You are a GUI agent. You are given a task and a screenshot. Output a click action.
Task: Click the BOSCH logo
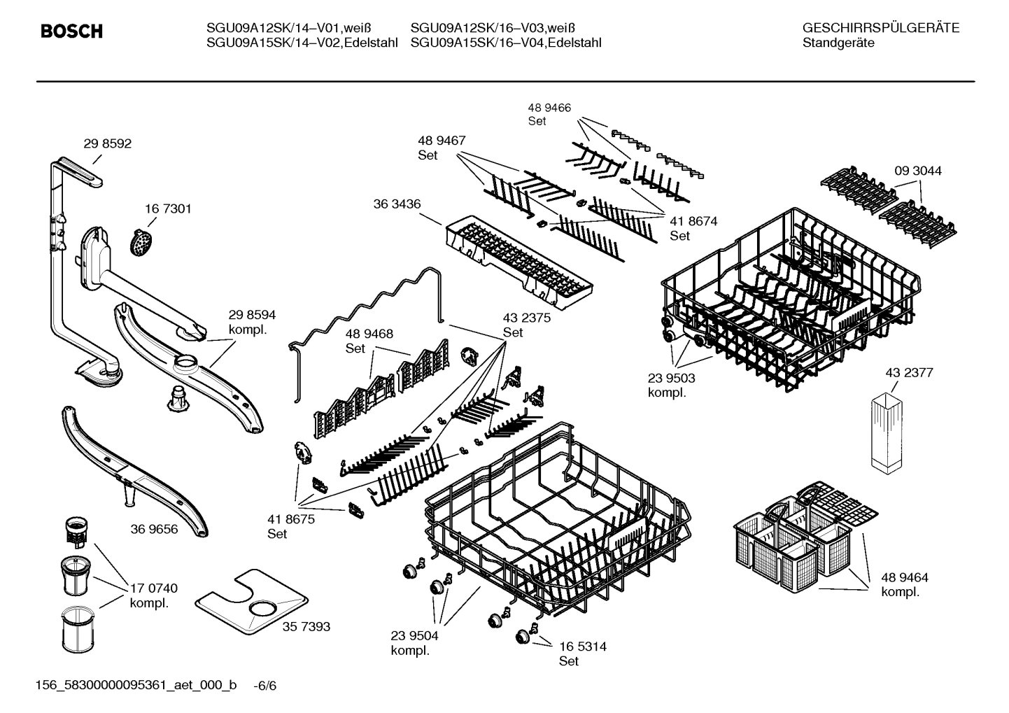pyautogui.click(x=71, y=31)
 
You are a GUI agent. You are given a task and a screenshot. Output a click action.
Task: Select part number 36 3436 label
pyautogui.click(x=397, y=204)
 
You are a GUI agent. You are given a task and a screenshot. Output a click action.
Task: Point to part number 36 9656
pyautogui.click(x=154, y=529)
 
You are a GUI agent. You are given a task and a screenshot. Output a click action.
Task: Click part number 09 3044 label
pyautogui.click(x=917, y=171)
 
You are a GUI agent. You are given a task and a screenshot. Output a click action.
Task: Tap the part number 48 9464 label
pyautogui.click(x=904, y=577)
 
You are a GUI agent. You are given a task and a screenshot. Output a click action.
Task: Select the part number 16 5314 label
pyautogui.click(x=582, y=647)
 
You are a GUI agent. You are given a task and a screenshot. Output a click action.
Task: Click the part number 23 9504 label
pyautogui.click(x=414, y=635)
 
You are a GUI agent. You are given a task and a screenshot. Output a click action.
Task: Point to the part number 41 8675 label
pyautogui.click(x=290, y=519)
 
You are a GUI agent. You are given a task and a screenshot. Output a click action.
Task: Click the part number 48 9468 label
pyautogui.click(x=369, y=334)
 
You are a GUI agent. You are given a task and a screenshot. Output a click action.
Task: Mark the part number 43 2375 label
pyautogui.click(x=526, y=318)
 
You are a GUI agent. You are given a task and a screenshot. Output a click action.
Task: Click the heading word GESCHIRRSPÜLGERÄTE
pyautogui.click(x=880, y=28)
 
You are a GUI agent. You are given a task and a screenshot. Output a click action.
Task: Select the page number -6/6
pyautogui.click(x=265, y=685)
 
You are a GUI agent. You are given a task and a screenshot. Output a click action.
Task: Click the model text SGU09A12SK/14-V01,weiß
pyautogui.click(x=288, y=28)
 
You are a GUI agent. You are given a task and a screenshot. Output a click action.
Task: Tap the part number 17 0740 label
pyautogui.click(x=153, y=588)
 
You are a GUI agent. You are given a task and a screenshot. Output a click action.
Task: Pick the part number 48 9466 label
pyautogui.click(x=549, y=108)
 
